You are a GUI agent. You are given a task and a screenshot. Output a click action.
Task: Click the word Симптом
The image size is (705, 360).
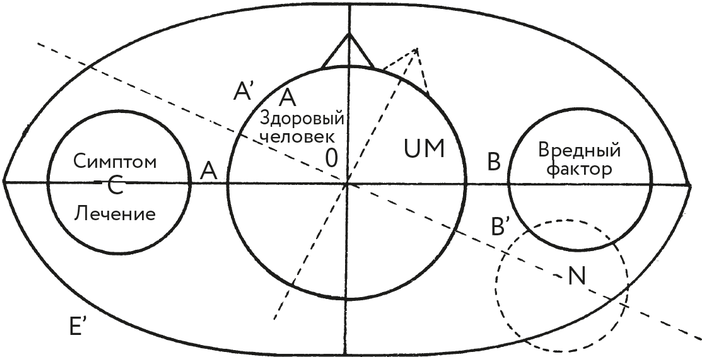click(115, 162)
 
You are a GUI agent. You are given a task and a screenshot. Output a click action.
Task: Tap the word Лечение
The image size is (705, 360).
click(115, 213)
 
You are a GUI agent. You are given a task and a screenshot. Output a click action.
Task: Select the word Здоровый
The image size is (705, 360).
click(302, 120)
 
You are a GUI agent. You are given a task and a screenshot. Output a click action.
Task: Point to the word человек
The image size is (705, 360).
click(298, 137)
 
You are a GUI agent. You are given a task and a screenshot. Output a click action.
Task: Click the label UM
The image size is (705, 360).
click(424, 149)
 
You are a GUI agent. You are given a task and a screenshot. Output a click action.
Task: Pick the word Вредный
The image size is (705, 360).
click(579, 150)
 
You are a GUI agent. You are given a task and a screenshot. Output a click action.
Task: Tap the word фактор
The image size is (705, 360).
click(580, 170)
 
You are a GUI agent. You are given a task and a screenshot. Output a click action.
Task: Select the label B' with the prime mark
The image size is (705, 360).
click(500, 227)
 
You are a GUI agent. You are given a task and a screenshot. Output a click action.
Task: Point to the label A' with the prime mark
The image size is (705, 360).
click(245, 92)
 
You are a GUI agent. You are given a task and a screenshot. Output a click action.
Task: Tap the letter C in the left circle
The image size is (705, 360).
click(116, 187)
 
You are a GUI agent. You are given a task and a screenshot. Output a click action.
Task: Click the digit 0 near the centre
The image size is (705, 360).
click(330, 158)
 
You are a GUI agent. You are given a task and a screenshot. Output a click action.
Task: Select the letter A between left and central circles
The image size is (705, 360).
click(209, 171)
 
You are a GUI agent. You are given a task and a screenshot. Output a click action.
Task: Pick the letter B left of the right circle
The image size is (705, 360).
click(494, 162)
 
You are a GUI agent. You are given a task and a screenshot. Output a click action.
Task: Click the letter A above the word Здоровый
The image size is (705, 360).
click(287, 98)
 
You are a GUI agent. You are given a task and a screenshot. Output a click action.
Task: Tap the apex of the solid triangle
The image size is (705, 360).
click(348, 34)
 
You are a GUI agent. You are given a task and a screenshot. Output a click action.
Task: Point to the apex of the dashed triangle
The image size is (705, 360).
click(417, 49)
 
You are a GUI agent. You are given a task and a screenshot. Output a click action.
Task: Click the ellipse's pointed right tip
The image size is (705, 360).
click(691, 183)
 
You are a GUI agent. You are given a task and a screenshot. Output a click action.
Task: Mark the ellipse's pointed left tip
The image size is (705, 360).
click(4, 182)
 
